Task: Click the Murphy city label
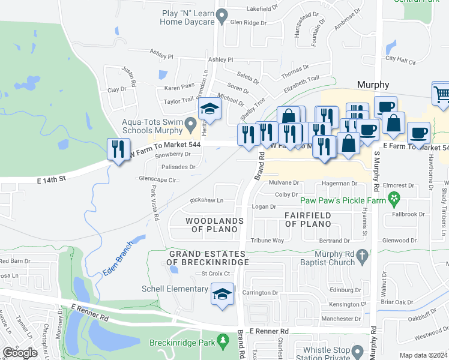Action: pyautogui.click(x=373, y=85)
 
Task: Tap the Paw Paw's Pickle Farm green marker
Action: pyautogui.click(x=394, y=197)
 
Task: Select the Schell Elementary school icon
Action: pyautogui.click(x=222, y=295)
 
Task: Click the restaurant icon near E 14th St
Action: pyautogui.click(x=118, y=148)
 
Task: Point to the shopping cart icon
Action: pyautogui.click(x=441, y=94)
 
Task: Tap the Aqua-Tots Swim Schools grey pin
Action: pyautogui.click(x=191, y=125)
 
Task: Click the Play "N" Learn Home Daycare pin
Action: pyautogui.click(x=222, y=14)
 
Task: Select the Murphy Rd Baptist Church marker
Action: pyautogui.click(x=362, y=255)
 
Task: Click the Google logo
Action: pyautogui.click(x=20, y=353)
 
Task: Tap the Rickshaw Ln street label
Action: pyautogui.click(x=206, y=200)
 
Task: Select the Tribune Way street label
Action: pyautogui.click(x=267, y=240)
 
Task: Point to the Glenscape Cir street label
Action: pyautogui.click(x=157, y=179)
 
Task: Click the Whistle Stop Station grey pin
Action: pyautogui.click(x=358, y=350)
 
